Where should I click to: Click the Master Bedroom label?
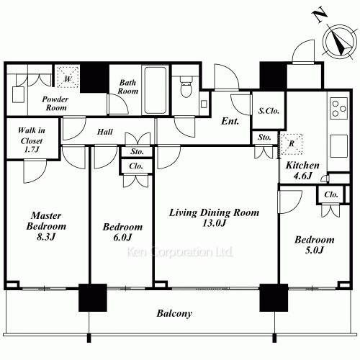46,226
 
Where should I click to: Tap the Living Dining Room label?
214,217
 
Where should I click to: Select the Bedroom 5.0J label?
315,245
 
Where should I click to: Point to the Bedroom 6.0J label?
122,232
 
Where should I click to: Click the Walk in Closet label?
32,140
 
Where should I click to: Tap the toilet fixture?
186,86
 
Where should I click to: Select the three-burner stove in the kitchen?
338,108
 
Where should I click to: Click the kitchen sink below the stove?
338,146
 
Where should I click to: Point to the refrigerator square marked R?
291,144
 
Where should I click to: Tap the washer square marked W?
68,77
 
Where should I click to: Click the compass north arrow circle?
339,41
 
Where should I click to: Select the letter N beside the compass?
320,16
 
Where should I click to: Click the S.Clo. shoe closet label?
269,111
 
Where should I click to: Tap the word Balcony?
174,313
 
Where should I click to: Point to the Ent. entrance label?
230,121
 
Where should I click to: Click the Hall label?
105,132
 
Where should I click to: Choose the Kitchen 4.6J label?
302,171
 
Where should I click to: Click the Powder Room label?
55,104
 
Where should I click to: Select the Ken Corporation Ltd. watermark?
180,252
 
